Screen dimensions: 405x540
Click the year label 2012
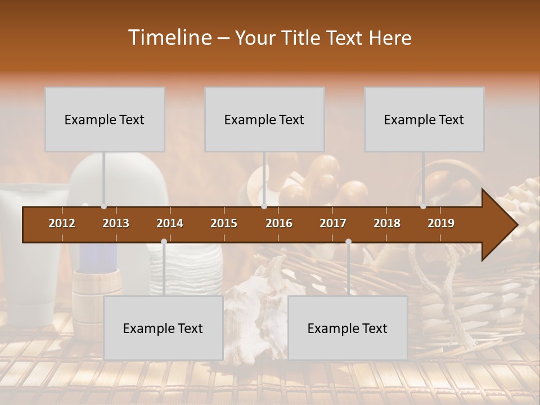(x=62, y=223)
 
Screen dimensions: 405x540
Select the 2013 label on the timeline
(x=116, y=223)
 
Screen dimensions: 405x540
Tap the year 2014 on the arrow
(x=170, y=223)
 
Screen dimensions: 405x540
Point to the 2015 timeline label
(x=224, y=223)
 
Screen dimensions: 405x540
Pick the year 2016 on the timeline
(x=279, y=223)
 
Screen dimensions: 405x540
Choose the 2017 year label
(x=333, y=223)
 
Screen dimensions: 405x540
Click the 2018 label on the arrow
(x=387, y=223)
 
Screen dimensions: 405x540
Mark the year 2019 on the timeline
(x=441, y=223)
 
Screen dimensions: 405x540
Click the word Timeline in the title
(x=169, y=38)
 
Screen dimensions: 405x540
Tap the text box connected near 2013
(x=105, y=119)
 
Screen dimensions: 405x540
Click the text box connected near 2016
(x=264, y=119)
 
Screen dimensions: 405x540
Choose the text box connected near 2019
(x=424, y=119)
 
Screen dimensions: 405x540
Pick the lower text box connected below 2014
(x=163, y=328)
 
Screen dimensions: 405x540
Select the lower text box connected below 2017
(x=348, y=328)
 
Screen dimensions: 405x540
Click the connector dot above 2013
(x=103, y=206)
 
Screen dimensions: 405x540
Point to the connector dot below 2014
(x=164, y=242)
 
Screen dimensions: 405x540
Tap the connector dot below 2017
(x=348, y=242)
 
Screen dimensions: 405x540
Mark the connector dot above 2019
(x=423, y=206)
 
